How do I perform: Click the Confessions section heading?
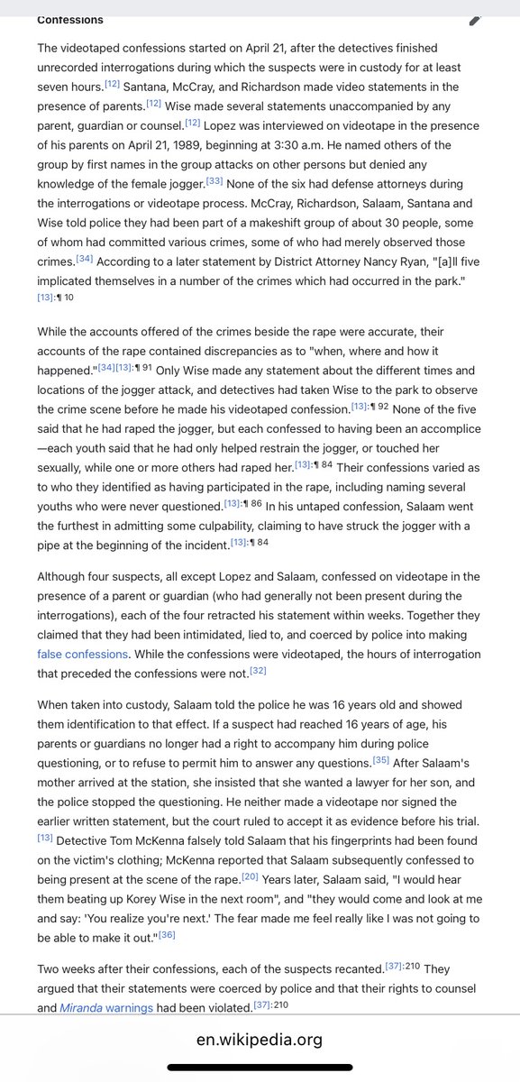click(70, 19)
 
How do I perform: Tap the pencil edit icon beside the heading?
click(475, 20)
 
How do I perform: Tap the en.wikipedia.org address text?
click(260, 1040)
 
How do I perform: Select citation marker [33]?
click(214, 179)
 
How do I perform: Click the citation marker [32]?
click(258, 670)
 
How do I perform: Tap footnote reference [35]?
click(381, 734)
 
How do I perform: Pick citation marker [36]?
click(167, 934)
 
